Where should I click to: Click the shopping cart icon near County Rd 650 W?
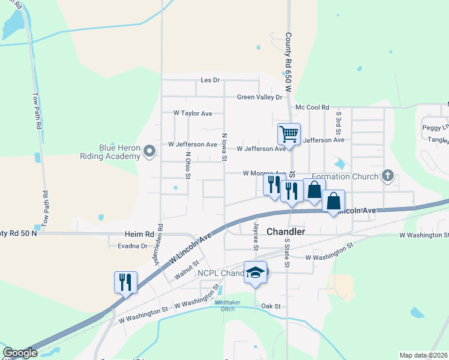tap(289, 133)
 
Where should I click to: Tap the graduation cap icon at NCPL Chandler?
tap(255, 272)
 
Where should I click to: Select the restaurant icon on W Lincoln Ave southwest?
tap(126, 281)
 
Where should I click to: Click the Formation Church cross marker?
tap(388, 176)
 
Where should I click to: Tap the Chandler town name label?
tap(286, 232)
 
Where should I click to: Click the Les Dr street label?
tap(210, 80)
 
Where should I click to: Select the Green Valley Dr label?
tap(259, 97)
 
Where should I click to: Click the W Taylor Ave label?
tap(193, 113)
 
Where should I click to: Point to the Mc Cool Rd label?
tap(312, 107)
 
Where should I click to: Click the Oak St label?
tap(271, 306)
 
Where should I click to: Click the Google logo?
tap(20, 353)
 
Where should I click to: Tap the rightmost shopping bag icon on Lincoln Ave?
tap(334, 201)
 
